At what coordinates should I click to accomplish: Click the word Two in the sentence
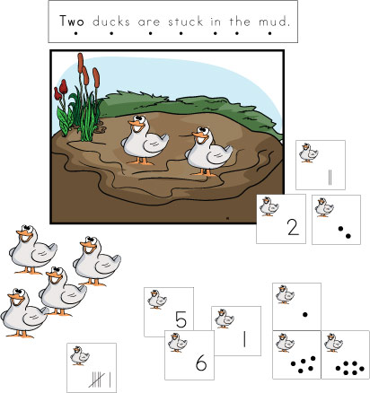[72, 21]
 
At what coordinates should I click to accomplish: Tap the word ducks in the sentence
[111, 22]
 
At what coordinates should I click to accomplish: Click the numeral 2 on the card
[293, 227]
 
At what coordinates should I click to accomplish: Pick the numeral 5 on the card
[181, 319]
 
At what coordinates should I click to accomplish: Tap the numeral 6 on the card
[201, 363]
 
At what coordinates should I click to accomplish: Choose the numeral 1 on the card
[244, 339]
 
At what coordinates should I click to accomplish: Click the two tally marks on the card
[330, 178]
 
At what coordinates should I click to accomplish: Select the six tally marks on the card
[101, 380]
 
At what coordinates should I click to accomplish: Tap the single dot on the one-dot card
[305, 314]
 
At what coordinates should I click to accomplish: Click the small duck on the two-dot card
[324, 207]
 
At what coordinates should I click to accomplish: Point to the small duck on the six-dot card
[333, 343]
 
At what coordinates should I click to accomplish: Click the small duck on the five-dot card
[285, 343]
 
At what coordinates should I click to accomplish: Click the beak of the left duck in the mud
[134, 123]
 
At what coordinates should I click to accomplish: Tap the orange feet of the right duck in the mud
[204, 172]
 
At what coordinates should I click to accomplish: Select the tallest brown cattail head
[80, 63]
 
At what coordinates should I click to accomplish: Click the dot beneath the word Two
[75, 33]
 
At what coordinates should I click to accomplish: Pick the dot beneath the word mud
[269, 33]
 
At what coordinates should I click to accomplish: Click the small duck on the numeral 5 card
[157, 300]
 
